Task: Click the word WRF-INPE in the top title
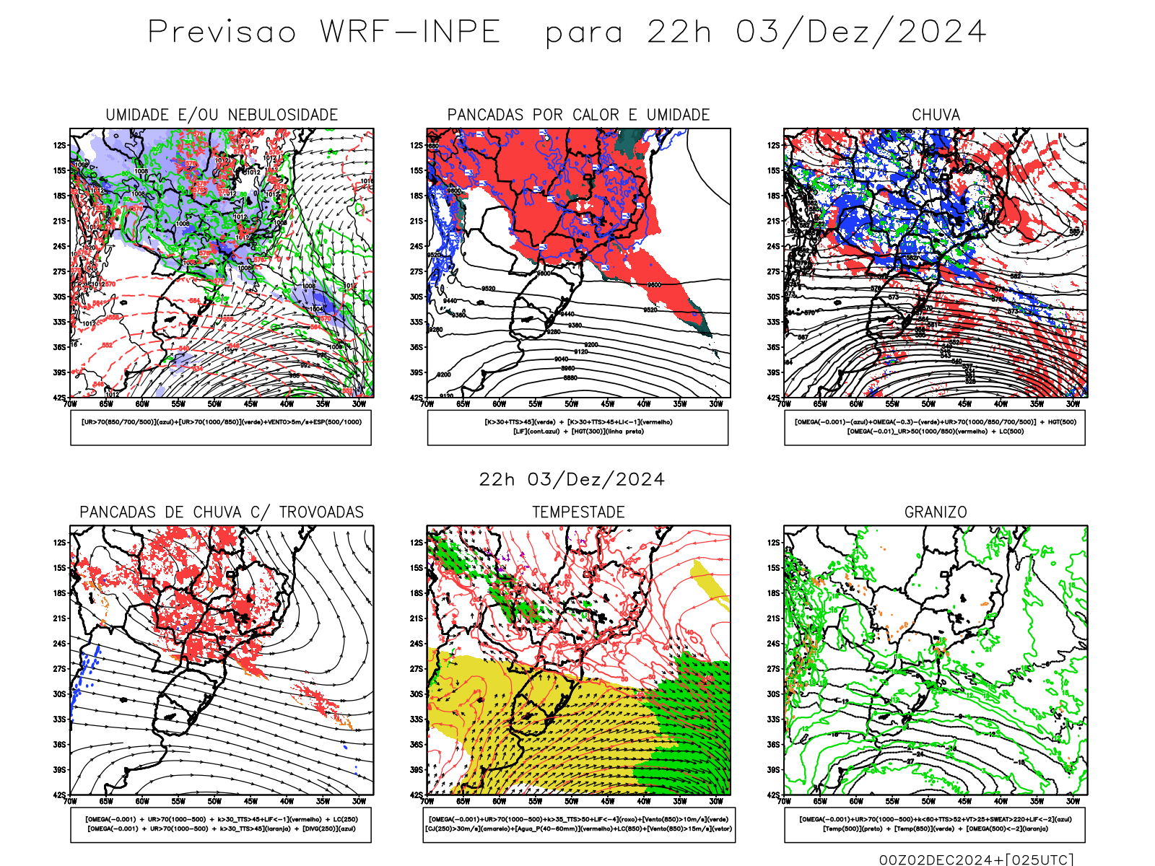[x=410, y=32]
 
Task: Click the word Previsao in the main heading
[x=222, y=32]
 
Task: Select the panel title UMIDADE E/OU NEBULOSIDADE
[x=222, y=115]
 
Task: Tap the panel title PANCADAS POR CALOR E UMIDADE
[x=578, y=115]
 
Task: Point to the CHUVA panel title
[x=936, y=115]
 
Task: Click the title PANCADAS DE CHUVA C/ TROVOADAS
[x=222, y=512]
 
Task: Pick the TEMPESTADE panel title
[x=578, y=512]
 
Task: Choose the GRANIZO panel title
[x=936, y=512]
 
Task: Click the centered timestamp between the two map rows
[x=572, y=480]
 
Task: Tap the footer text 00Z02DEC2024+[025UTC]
[x=976, y=860]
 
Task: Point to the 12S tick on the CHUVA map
[x=774, y=146]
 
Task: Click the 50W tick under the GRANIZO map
[x=928, y=801]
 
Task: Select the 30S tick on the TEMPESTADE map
[x=417, y=694]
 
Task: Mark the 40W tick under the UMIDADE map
[x=287, y=404]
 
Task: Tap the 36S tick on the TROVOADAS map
[x=59, y=745]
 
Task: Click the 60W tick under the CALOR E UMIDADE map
[x=499, y=404]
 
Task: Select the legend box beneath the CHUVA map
[x=935, y=427]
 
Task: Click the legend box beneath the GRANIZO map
[x=935, y=824]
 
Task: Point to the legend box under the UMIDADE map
[x=221, y=427]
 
